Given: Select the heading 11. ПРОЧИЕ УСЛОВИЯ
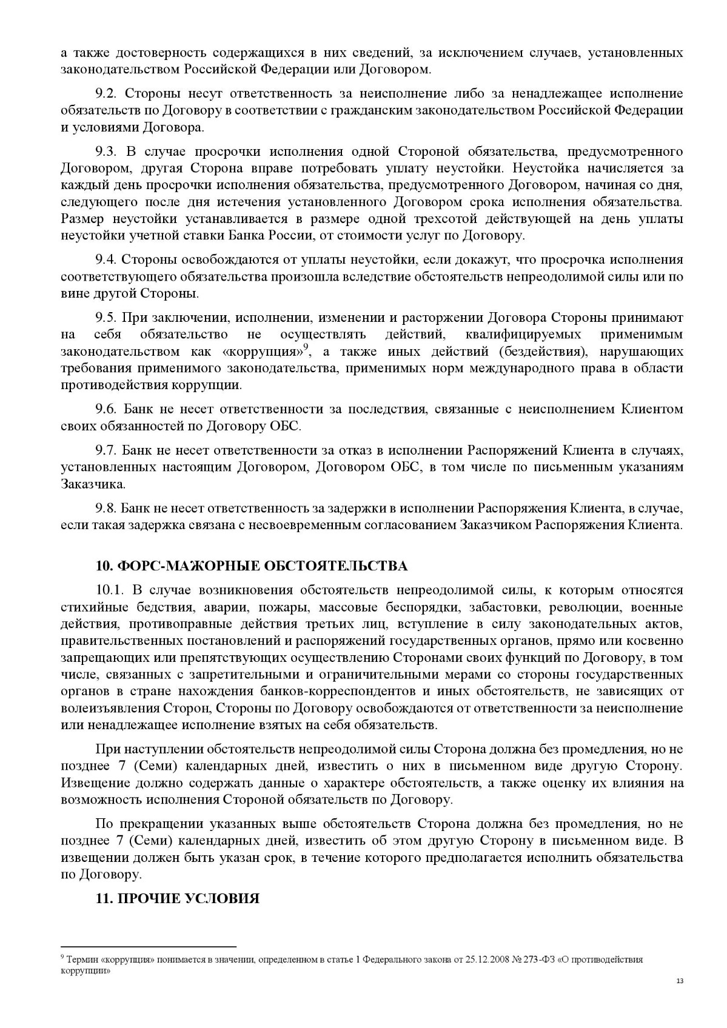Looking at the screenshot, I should [178, 898].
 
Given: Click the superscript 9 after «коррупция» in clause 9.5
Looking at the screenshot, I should [307, 347].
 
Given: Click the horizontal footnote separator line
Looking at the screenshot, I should [148, 946].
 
